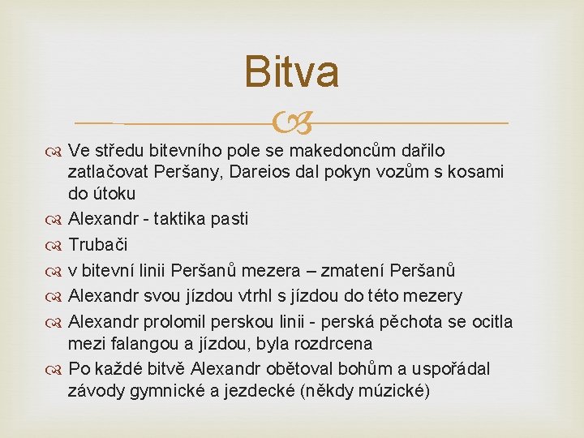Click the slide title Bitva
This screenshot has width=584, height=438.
291,71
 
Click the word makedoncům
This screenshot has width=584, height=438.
339,150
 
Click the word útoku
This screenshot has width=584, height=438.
114,194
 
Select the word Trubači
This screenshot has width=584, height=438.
98,244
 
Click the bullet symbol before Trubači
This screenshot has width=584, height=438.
57,245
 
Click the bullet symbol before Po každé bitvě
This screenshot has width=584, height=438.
57,370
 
